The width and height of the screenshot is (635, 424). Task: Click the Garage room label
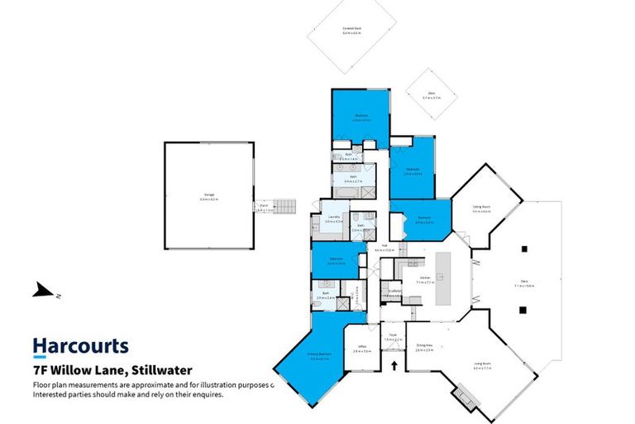[x=206, y=195]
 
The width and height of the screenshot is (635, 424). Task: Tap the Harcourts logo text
[x=80, y=345]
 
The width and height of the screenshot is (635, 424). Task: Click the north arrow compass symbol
[x=41, y=291]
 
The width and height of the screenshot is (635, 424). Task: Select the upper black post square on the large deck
[x=523, y=247]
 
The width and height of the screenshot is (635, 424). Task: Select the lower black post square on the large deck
[x=523, y=310]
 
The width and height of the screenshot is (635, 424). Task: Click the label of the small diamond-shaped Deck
[x=432, y=94]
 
